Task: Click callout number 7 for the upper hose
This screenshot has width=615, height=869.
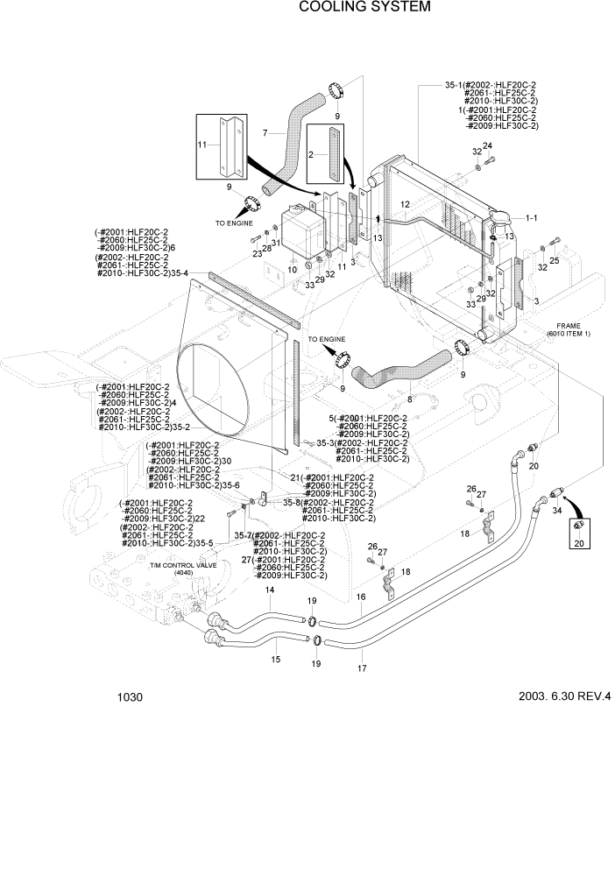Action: pos(264,133)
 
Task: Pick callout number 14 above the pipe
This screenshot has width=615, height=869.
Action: pos(271,591)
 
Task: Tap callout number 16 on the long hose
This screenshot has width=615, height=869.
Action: pos(359,597)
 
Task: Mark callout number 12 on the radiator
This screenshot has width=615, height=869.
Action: pos(405,204)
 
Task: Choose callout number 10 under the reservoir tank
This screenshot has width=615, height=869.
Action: pos(292,271)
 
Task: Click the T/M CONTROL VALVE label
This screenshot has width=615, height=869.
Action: pos(182,566)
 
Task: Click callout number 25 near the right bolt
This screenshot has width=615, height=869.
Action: pos(554,260)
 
